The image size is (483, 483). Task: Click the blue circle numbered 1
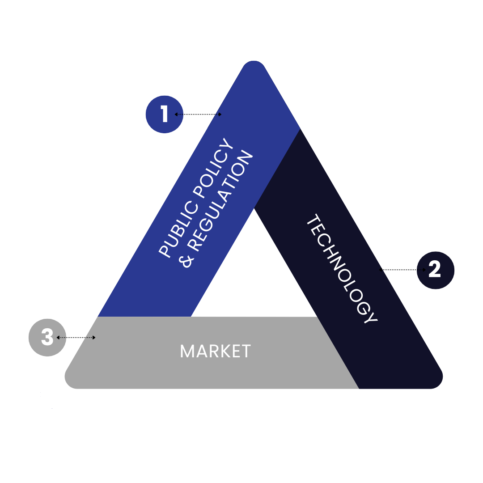(165, 114)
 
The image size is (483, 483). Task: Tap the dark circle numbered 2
(435, 270)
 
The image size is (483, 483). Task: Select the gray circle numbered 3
(47, 338)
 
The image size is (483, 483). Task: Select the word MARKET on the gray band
(215, 352)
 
